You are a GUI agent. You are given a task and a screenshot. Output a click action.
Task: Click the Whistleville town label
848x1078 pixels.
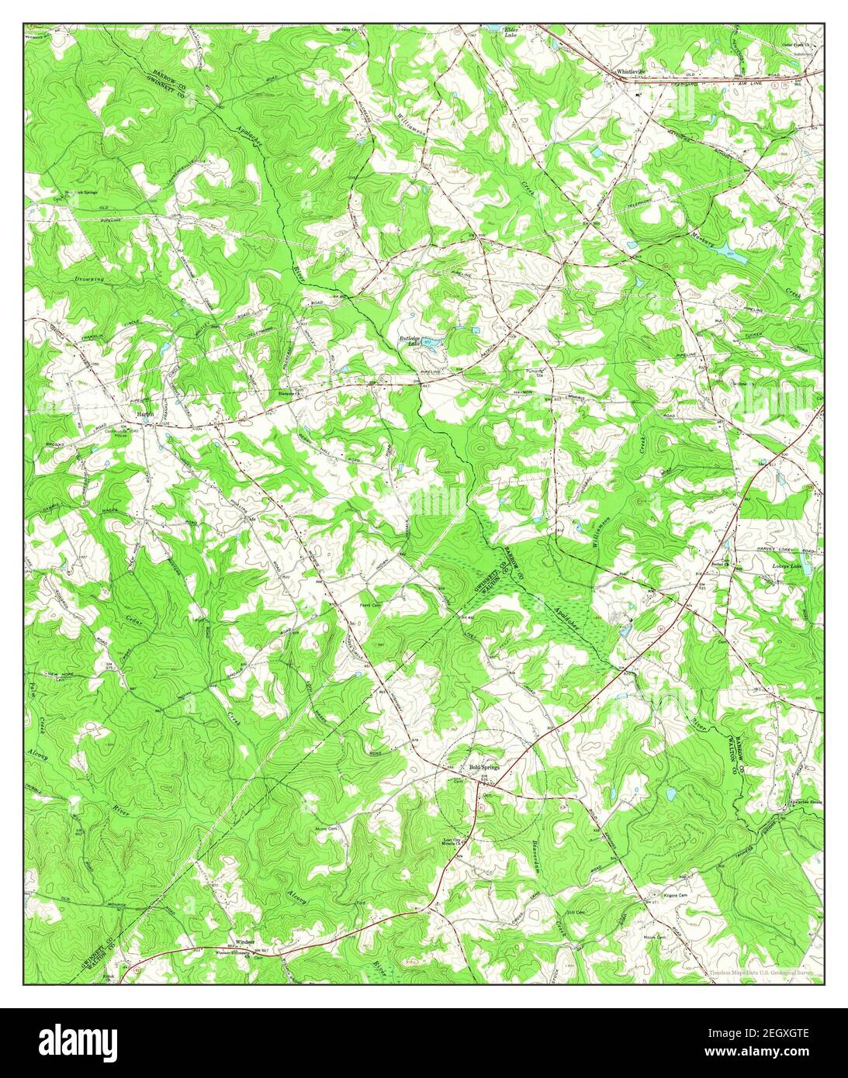pos(630,71)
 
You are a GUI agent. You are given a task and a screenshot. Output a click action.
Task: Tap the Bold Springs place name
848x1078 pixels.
pos(486,768)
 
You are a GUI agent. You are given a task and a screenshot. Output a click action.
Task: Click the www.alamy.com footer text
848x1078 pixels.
pos(772,1054)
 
